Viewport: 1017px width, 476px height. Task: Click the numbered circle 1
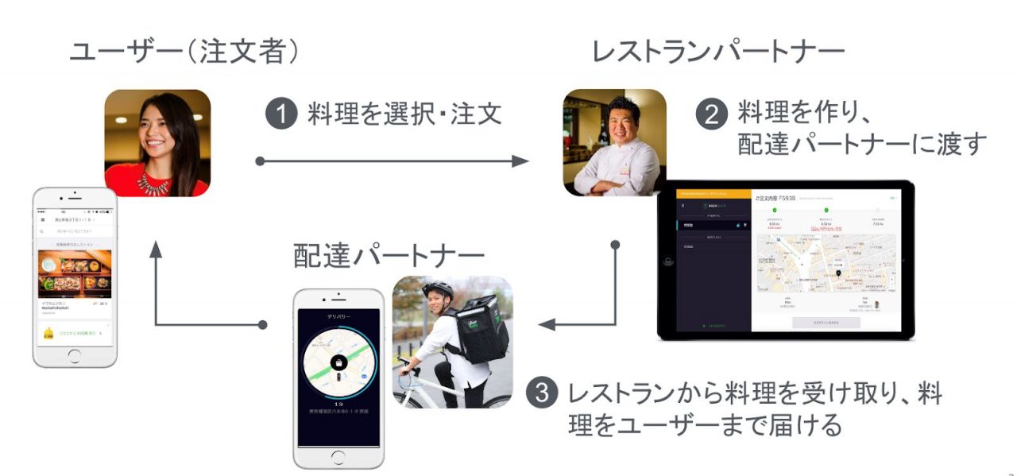[281, 115]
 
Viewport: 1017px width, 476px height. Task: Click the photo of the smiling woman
[157, 143]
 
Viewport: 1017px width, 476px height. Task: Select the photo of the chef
[614, 143]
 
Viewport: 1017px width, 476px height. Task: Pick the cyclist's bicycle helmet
[438, 290]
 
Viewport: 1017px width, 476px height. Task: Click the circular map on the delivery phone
[339, 365]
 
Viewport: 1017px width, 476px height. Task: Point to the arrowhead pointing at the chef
[520, 161]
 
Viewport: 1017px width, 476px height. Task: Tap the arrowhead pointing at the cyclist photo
[547, 324]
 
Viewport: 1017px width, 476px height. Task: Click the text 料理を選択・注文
[404, 115]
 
